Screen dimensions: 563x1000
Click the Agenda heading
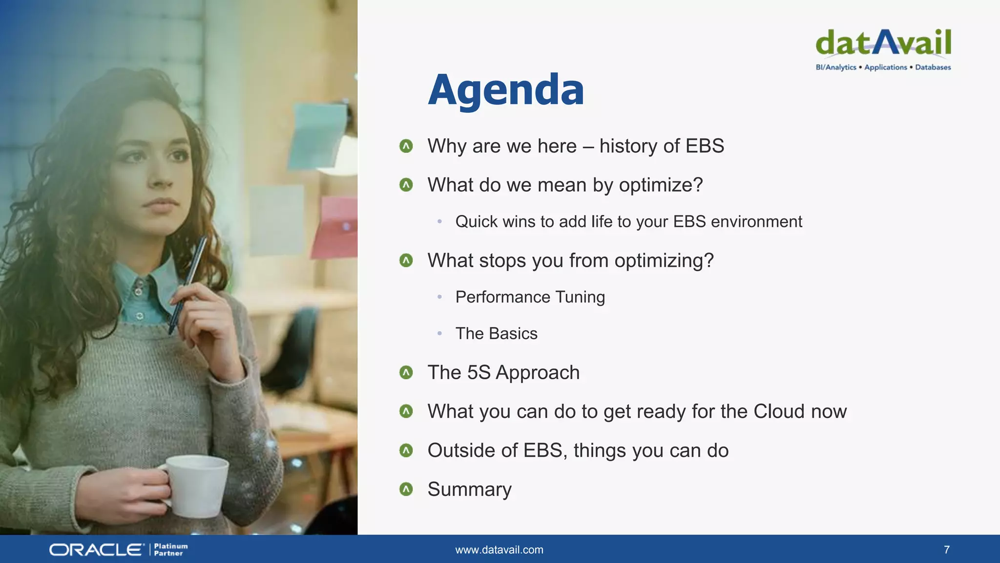click(x=506, y=90)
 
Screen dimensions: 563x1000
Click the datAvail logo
click(x=883, y=43)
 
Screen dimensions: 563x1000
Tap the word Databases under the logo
click(x=933, y=67)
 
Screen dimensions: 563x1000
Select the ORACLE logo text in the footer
click(x=96, y=550)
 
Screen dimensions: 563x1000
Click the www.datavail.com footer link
click(x=499, y=550)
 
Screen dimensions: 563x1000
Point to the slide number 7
click(x=947, y=550)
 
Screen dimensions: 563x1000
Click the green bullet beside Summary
click(x=406, y=489)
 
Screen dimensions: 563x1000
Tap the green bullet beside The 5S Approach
click(x=406, y=373)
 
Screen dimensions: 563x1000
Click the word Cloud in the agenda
click(x=779, y=411)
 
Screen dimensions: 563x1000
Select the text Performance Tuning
click(x=530, y=297)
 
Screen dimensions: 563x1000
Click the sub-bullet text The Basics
click(x=496, y=334)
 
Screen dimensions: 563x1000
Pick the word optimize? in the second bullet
click(x=661, y=185)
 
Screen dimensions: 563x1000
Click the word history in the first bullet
click(x=628, y=146)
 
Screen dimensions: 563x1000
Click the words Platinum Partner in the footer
click(x=170, y=550)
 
